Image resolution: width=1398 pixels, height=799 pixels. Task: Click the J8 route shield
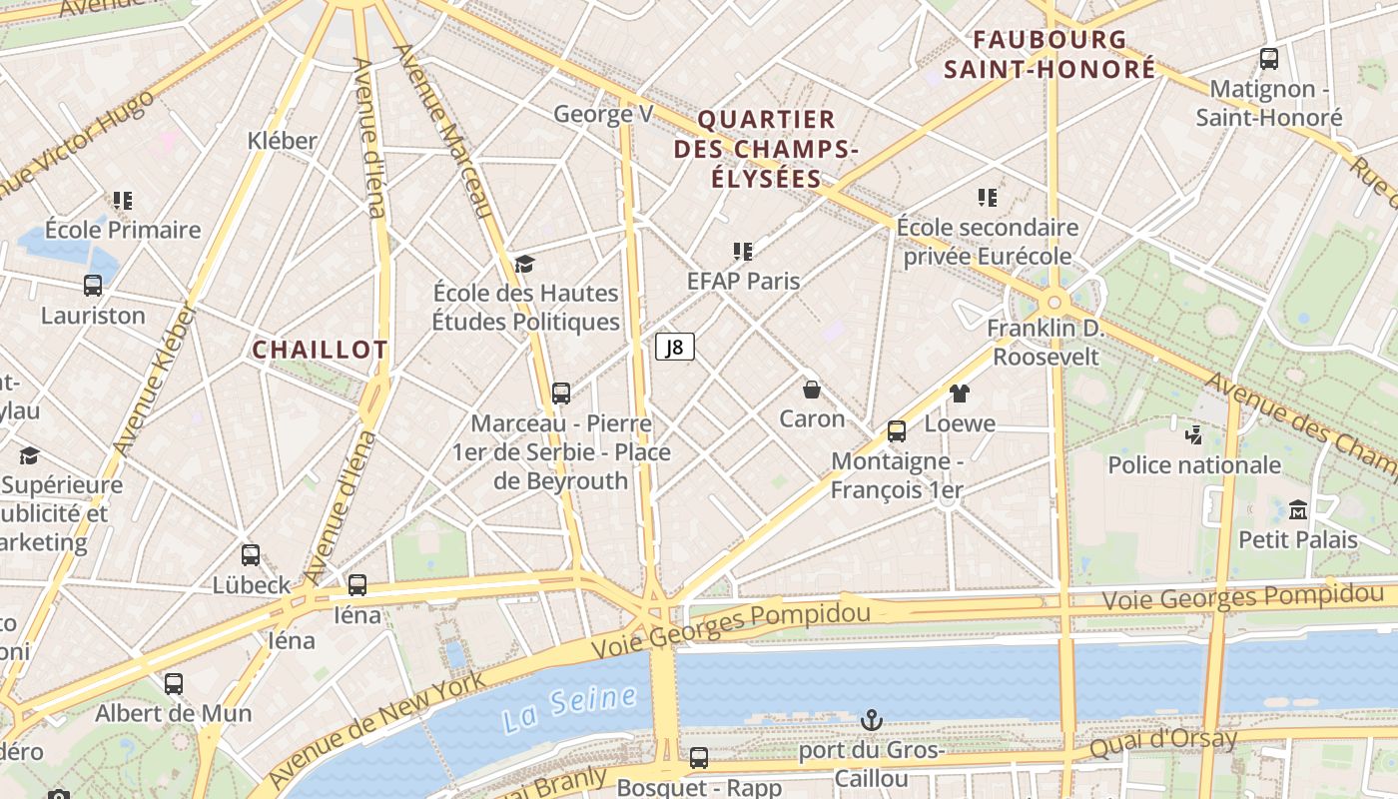[x=675, y=348]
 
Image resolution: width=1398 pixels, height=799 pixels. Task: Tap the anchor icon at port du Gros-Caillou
[x=872, y=720]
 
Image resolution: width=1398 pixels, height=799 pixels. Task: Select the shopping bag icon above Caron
[x=812, y=390]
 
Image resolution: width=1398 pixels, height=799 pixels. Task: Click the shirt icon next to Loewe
[x=960, y=394]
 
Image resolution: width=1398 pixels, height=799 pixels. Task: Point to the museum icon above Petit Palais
[x=1298, y=510]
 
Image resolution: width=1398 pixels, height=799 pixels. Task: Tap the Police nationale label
[x=1194, y=464]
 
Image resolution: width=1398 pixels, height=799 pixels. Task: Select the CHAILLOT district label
[x=320, y=350]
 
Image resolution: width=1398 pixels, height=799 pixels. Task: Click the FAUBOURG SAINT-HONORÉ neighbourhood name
[x=1049, y=55]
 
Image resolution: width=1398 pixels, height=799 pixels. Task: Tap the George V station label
[x=603, y=114]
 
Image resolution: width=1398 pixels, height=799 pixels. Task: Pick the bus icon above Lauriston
[x=93, y=286]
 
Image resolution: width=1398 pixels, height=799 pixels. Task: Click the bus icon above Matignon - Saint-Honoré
[x=1269, y=59]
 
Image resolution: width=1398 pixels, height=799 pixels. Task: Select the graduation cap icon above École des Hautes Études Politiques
[x=525, y=264]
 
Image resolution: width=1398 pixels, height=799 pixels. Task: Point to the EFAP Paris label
[x=744, y=281]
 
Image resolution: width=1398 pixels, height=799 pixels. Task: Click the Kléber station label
[x=283, y=141]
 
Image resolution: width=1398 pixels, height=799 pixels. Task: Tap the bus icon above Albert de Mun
[x=174, y=684]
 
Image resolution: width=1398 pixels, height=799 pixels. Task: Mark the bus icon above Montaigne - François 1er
[x=897, y=431]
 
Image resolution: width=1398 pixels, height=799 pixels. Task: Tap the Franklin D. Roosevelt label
[x=1046, y=343]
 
